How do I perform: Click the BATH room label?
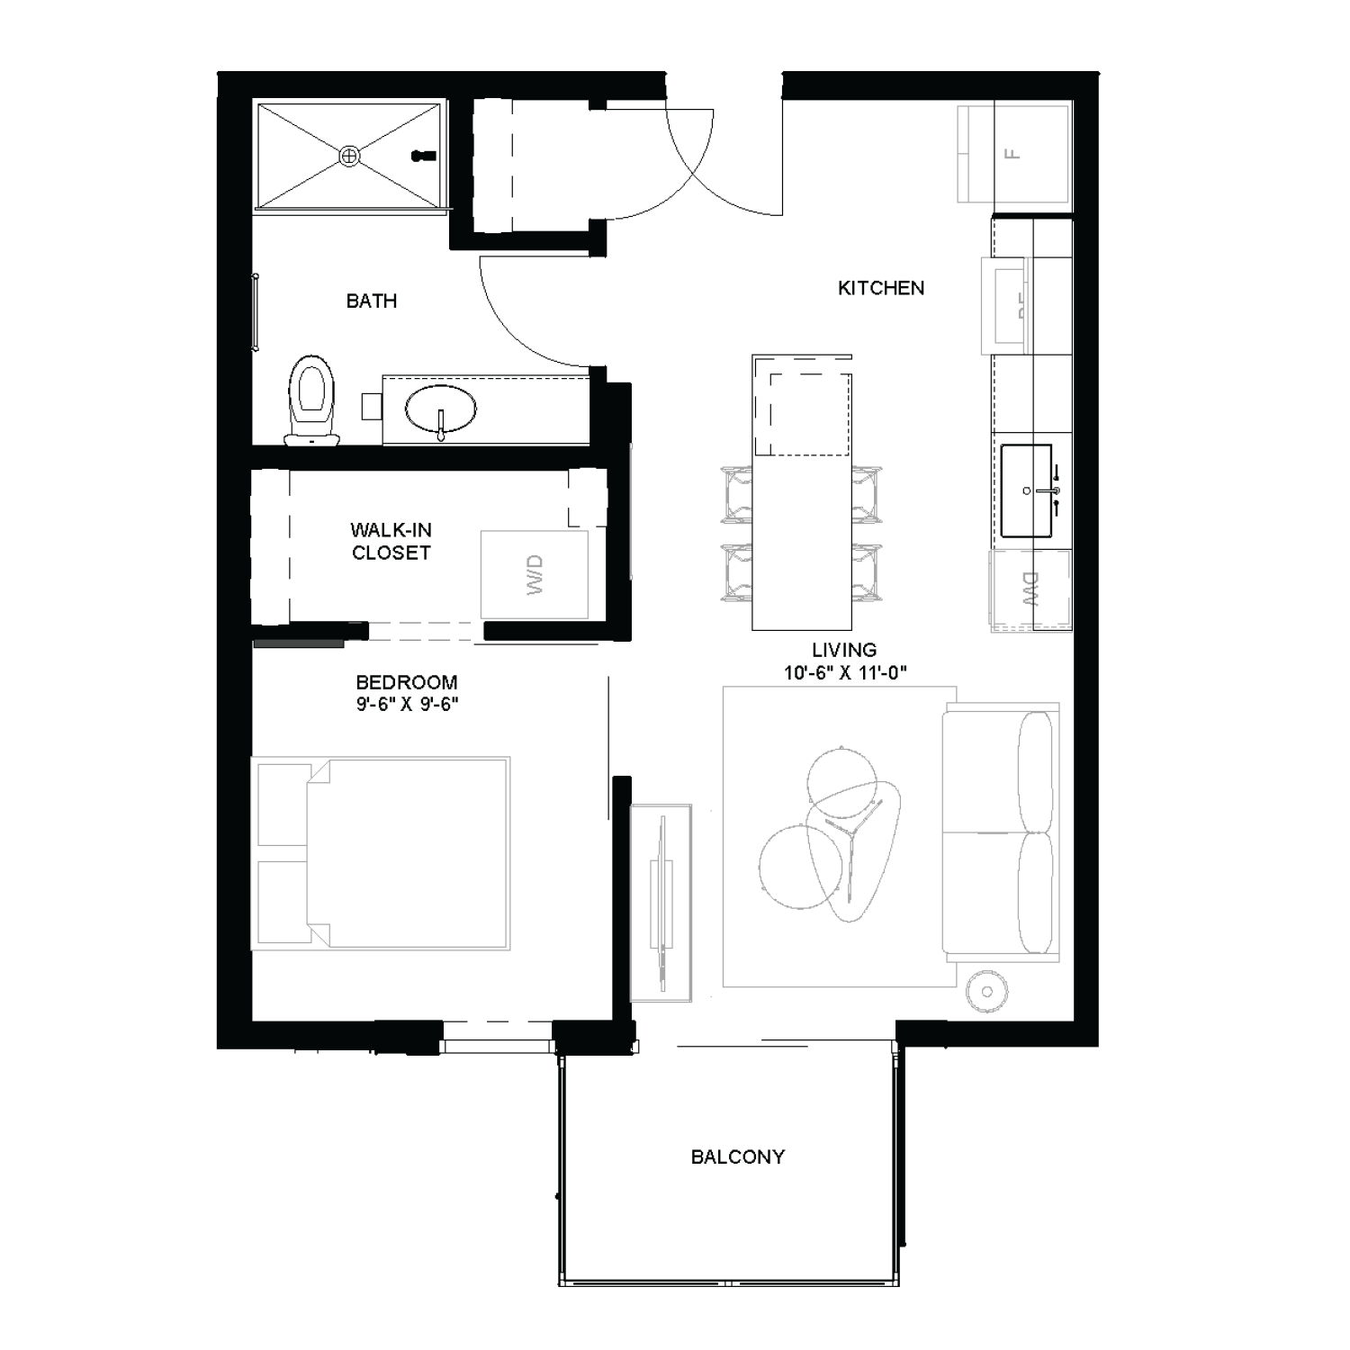point(372,301)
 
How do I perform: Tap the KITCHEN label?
point(880,288)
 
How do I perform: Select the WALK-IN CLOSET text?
point(391,542)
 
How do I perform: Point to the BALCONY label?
point(737,1156)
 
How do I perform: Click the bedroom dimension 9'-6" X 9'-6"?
point(407,705)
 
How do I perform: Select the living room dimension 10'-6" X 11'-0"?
point(844,672)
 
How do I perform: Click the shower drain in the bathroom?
point(349,157)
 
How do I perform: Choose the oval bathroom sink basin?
point(441,410)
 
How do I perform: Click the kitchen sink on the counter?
point(1026,490)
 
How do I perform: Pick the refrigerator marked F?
point(1014,154)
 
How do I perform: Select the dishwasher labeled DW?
point(1030,589)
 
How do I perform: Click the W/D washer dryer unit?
point(535,574)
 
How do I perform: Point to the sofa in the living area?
point(999,832)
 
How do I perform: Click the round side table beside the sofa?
point(987,992)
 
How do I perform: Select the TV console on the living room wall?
point(661,903)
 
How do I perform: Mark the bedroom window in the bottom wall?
point(498,1044)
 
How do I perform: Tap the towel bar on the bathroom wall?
point(256,312)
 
